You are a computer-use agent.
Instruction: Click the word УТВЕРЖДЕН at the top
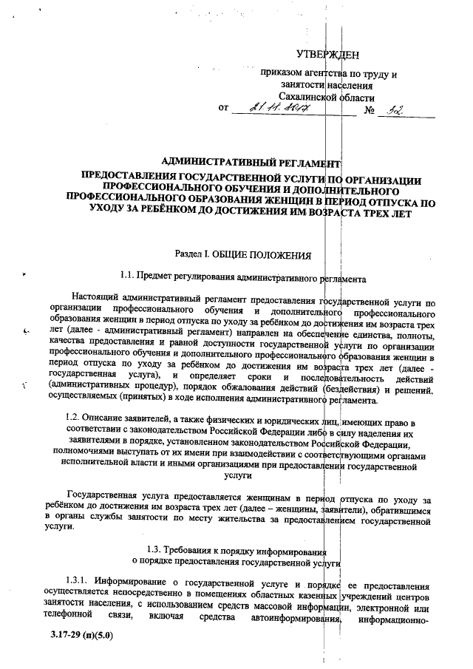[x=327, y=54]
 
